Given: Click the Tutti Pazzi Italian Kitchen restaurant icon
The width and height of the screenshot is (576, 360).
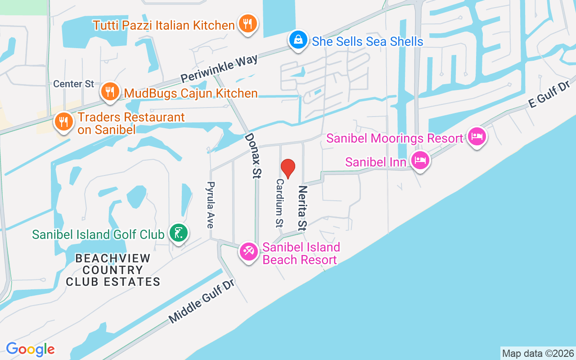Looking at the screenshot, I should coord(247,24).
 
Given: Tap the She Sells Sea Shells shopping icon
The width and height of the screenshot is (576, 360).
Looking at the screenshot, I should coord(298,40).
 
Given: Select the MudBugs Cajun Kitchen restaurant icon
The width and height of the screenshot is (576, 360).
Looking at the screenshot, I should coord(109,92).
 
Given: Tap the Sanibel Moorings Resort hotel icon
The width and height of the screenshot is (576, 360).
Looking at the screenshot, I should coord(477,136).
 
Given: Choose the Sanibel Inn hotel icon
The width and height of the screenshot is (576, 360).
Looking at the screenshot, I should coord(420,160).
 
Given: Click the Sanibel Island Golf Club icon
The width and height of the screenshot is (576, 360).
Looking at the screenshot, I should coord(179,233).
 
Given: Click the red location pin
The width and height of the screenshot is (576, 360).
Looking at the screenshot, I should coord(288,168).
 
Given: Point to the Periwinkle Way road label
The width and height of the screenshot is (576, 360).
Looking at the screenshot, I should coord(220,69).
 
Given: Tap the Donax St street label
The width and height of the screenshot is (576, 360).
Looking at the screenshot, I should coord(253,156).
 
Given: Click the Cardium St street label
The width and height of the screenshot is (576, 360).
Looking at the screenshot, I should coord(280,202).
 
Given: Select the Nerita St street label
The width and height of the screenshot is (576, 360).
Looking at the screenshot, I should coord(302,207).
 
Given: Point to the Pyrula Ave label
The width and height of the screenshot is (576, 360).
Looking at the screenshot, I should coord(210,205).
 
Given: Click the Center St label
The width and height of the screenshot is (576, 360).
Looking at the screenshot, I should coord(74,84).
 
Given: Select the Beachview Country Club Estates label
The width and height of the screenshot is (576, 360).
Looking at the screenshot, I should coord(113,270).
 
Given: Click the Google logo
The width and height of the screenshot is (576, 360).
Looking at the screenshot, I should coord(30,349).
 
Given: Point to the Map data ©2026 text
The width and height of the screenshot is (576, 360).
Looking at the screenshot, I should coord(538,353).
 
